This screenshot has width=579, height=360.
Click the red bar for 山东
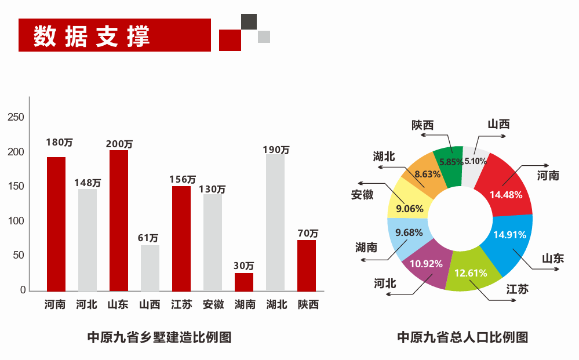[119, 220]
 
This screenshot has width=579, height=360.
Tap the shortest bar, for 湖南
[244, 282]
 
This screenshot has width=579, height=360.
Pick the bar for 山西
[150, 268]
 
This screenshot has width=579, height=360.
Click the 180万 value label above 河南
[60, 142]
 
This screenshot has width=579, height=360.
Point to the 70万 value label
[307, 234]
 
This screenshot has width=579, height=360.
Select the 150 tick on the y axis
[16, 187]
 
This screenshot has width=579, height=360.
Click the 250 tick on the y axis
[16, 118]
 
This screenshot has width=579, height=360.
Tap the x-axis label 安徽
[213, 304]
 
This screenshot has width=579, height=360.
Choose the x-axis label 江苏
[181, 304]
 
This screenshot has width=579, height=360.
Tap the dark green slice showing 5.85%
[450, 165]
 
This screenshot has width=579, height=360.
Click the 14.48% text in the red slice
[506, 195]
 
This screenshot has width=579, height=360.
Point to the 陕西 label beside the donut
[423, 125]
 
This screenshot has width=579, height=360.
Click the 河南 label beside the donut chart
[548, 175]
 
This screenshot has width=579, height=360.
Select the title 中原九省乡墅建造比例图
[159, 337]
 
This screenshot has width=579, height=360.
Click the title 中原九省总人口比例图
[463, 337]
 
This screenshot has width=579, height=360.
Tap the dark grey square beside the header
[249, 21]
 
